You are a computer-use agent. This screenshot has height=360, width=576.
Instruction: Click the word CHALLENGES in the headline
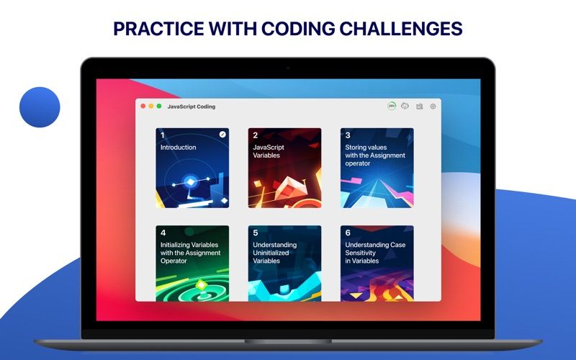click(400, 28)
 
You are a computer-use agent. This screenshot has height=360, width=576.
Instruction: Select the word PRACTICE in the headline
click(158, 28)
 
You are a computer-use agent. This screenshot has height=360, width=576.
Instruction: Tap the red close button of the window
click(143, 106)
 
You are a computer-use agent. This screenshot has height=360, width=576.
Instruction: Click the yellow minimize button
click(151, 106)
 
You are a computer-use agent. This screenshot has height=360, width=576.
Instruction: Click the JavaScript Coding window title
click(192, 107)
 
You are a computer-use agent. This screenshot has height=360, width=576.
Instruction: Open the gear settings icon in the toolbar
click(433, 106)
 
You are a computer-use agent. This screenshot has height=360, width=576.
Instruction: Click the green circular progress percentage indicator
click(392, 106)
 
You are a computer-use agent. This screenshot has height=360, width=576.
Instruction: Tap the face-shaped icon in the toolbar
click(405, 106)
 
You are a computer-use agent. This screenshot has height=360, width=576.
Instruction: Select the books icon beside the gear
click(420, 106)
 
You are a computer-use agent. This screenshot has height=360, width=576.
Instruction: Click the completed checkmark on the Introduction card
click(222, 135)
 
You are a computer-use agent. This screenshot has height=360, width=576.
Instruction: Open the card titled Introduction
click(192, 168)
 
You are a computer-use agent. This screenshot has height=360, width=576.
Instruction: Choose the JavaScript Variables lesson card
click(284, 168)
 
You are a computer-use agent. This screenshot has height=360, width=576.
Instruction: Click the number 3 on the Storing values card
click(348, 135)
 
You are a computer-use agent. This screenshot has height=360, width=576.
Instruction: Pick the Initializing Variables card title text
click(190, 253)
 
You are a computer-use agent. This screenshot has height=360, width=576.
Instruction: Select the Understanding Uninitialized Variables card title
click(275, 253)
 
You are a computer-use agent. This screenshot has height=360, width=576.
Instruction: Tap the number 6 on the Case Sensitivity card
click(348, 233)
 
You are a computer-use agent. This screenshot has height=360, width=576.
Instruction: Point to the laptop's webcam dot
click(288, 68)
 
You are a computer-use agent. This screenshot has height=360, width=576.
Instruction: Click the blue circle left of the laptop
click(40, 107)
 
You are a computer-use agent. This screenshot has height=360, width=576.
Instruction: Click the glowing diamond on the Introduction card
click(191, 182)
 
